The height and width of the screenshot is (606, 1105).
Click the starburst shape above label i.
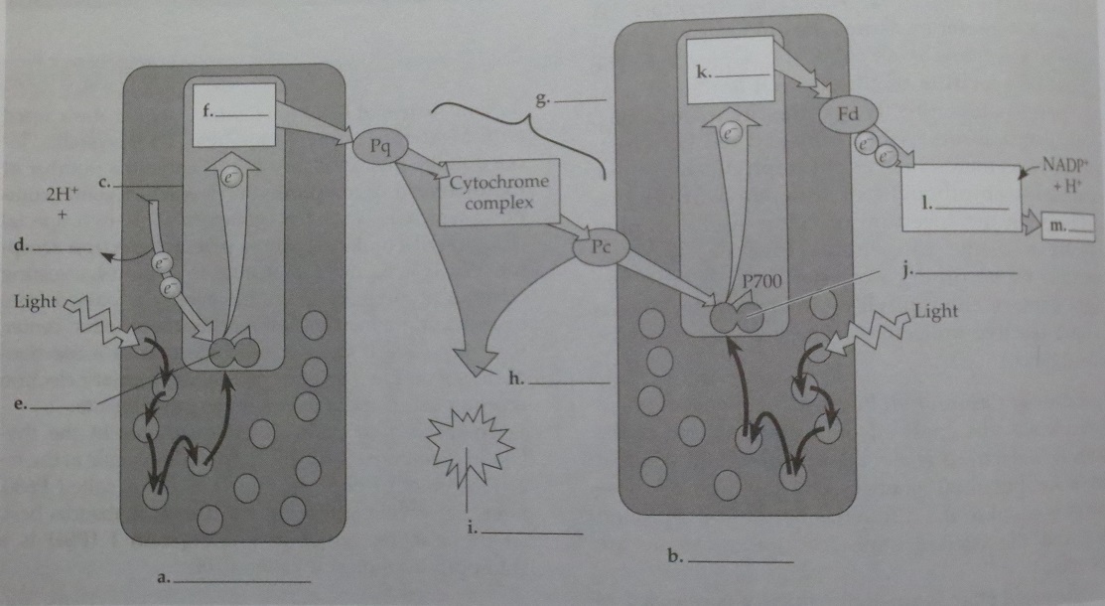(467, 438)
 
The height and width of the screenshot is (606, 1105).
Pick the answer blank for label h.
(573, 382)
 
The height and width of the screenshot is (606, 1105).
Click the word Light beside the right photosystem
(935, 312)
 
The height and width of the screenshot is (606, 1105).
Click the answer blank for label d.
(63, 247)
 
